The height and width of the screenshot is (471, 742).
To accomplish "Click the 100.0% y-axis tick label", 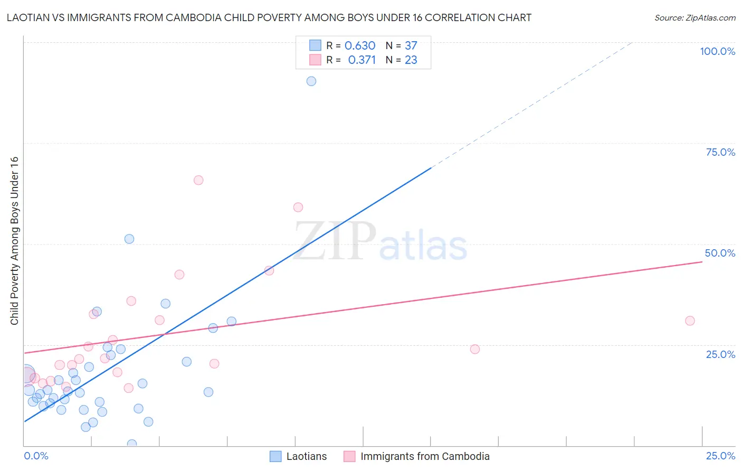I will (717, 51).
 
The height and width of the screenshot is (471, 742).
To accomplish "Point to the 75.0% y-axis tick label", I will (720, 152).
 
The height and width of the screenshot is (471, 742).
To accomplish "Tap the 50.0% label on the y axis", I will (720, 253).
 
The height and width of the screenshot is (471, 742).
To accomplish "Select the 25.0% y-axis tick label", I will (720, 354).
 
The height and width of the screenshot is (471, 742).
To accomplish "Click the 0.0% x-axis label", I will (36, 456).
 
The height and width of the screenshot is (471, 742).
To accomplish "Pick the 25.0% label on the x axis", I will (720, 456).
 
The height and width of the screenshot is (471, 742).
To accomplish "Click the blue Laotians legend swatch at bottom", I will (275, 456).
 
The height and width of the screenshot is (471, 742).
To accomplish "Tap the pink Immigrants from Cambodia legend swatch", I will (349, 456).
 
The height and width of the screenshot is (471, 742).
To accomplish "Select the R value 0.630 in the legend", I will (360, 46).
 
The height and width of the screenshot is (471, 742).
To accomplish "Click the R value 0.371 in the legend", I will (362, 60).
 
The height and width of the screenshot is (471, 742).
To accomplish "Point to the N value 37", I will (411, 46).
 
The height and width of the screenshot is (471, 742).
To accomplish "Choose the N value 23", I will (411, 60).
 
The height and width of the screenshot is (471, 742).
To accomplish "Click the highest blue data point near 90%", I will (311, 81).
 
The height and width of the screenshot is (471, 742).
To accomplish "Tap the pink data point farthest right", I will (690, 321).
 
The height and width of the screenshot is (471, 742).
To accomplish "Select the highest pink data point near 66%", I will (198, 180).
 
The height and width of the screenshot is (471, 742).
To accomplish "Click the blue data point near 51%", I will (129, 239).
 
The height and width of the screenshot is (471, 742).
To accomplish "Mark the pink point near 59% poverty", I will (298, 208).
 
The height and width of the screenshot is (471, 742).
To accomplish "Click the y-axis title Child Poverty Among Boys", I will (15, 241).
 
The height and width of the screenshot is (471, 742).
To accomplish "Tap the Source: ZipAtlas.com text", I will (695, 18).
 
